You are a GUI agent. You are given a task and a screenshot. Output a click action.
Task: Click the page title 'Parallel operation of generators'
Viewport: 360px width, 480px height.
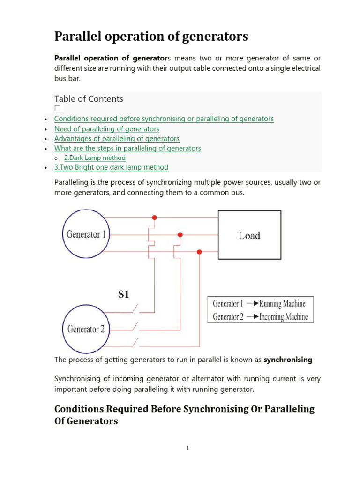point(151,37)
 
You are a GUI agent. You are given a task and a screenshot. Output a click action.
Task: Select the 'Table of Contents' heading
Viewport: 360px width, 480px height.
point(89,99)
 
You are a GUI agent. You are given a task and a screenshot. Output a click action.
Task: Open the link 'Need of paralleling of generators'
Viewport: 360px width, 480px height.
point(107,129)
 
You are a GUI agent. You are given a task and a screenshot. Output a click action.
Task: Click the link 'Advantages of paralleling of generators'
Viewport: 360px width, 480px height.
point(117,139)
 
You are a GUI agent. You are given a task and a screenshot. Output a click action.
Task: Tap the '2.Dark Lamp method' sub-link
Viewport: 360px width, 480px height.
point(95,158)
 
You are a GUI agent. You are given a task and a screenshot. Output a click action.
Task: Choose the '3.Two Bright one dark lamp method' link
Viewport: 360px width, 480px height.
point(111,167)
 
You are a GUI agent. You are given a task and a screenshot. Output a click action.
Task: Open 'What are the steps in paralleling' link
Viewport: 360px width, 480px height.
point(127,149)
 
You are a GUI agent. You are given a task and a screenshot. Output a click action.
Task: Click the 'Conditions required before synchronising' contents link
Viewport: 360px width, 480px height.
point(164,119)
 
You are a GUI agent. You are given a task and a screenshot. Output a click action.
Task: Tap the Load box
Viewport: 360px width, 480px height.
point(249,235)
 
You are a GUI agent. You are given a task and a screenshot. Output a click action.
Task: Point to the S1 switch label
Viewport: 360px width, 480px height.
point(123,294)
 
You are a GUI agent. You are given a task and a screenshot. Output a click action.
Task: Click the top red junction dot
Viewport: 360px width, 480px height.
point(155,217)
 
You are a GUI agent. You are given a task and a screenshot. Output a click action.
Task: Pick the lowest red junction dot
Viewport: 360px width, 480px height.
point(199,252)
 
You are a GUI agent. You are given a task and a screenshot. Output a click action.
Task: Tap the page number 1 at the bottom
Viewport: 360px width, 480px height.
point(187,448)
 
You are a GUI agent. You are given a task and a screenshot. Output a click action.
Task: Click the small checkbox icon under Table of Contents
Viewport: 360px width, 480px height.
point(58,109)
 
